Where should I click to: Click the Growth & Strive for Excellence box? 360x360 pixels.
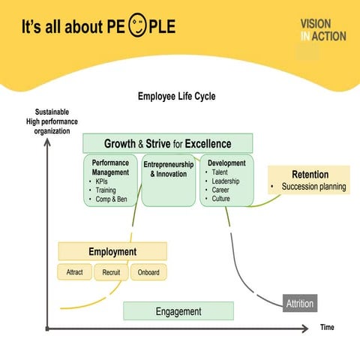coord(167,143)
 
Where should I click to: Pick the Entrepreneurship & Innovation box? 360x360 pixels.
coord(168,169)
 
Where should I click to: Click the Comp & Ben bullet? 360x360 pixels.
coord(109,199)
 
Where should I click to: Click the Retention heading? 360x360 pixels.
coord(309,174)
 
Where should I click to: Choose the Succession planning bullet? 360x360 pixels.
coord(313,187)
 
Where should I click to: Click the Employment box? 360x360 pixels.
coord(112,252)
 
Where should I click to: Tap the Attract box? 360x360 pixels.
coord(74,272)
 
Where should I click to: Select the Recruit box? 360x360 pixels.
coord(111,272)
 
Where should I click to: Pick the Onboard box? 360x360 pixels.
coord(148,272)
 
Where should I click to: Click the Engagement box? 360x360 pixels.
coord(178,311)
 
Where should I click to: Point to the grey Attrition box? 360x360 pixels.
coord(300,304)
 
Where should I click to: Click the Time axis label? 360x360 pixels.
coord(327,328)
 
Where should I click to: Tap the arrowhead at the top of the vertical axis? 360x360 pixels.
coord(47,144)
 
